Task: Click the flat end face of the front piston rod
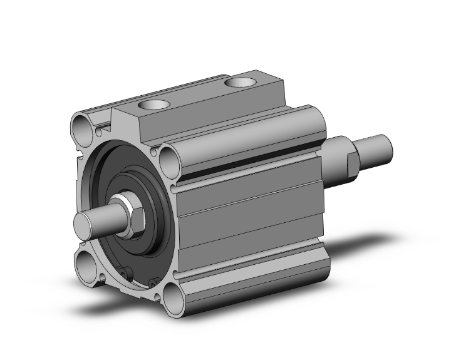point(84,224)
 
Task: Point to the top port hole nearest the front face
point(153,106)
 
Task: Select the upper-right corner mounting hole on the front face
point(169,160)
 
